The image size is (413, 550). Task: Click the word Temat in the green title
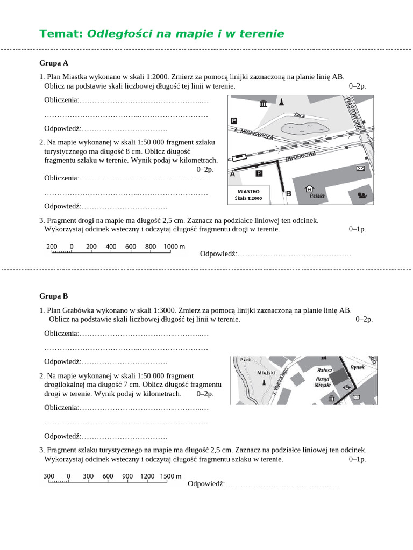(60, 34)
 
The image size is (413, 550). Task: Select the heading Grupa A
(54, 63)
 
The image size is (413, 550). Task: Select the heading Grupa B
(54, 296)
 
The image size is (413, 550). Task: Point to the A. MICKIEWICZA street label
(254, 134)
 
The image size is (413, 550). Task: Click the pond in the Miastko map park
(304, 129)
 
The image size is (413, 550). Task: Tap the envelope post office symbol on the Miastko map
(360, 169)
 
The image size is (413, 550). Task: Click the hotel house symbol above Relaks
(309, 189)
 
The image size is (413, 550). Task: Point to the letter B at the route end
(289, 193)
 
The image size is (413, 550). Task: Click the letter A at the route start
(232, 175)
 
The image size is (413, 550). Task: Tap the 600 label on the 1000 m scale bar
(131, 247)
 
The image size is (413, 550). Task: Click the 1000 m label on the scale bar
(174, 247)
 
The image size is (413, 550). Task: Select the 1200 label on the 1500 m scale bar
(147, 476)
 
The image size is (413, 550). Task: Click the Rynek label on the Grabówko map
(358, 367)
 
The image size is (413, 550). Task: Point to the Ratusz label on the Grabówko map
(325, 370)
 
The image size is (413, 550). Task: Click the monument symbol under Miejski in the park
(263, 382)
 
